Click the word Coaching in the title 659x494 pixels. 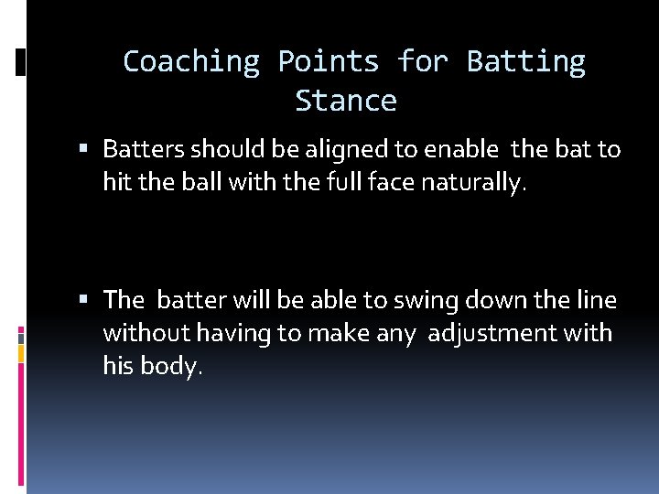(x=190, y=61)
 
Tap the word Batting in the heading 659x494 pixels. (x=525, y=61)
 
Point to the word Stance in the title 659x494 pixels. (x=346, y=101)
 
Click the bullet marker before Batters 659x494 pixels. (x=84, y=148)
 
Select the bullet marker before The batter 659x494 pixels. (x=84, y=300)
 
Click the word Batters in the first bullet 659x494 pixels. (x=144, y=148)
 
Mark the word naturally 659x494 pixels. (x=473, y=183)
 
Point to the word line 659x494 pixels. (x=595, y=300)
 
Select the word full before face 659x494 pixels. (x=348, y=182)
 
